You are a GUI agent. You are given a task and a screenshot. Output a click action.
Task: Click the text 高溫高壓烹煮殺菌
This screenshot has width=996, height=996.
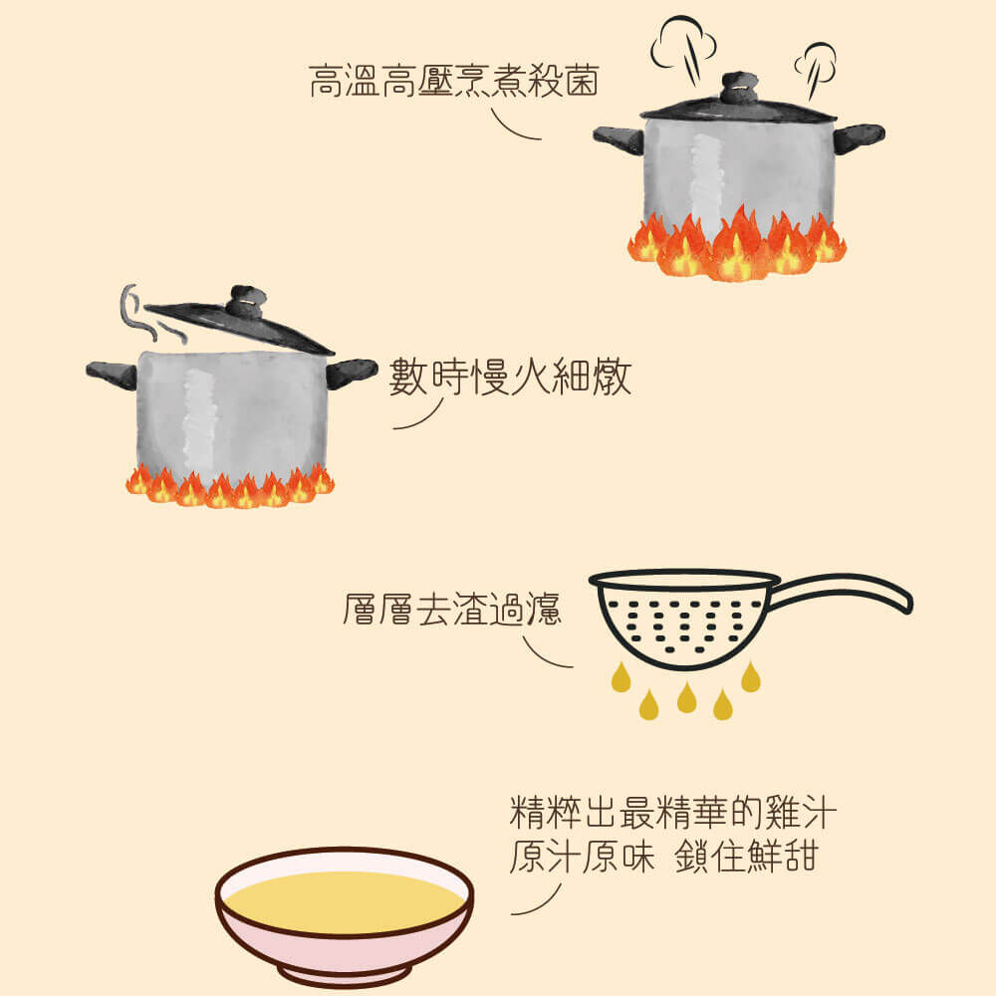click(453, 82)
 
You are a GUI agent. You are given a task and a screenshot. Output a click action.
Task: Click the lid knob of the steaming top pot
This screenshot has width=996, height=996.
click(738, 88)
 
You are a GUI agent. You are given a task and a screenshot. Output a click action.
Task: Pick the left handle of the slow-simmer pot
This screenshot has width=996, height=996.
click(112, 374)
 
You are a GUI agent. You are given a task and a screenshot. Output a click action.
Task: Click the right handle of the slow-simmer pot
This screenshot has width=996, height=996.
click(352, 372)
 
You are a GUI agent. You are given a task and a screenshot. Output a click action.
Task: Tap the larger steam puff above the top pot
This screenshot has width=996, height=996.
click(683, 40)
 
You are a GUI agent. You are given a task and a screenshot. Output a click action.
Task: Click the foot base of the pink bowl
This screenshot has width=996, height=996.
click(344, 972)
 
